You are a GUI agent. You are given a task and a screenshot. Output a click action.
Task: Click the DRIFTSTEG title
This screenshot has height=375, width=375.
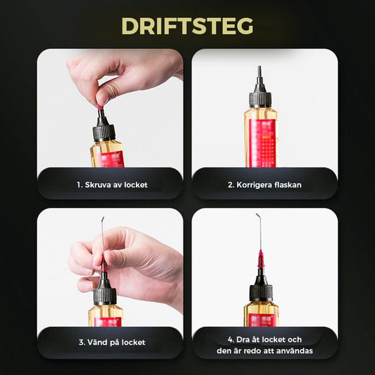coord(187,25)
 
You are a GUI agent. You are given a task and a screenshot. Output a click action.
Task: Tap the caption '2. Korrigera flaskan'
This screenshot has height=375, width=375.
coord(265,184)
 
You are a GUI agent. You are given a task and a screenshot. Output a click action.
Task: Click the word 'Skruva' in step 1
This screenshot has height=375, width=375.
coord(100,184)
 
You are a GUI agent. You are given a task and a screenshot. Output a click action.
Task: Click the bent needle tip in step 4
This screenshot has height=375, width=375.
coord(258,217)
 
